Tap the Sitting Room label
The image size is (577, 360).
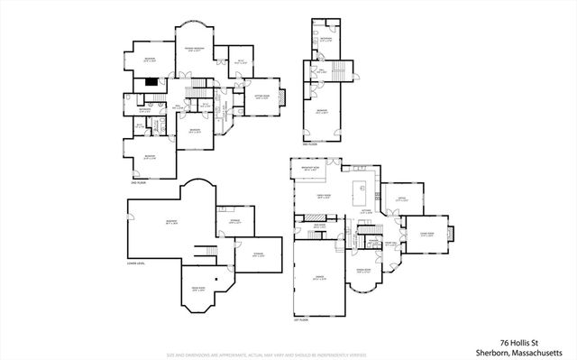pos(263,97)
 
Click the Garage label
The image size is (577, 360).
pos(319,278)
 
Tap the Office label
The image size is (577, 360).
pos(392,200)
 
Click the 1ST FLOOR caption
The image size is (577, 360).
pos(301,319)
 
